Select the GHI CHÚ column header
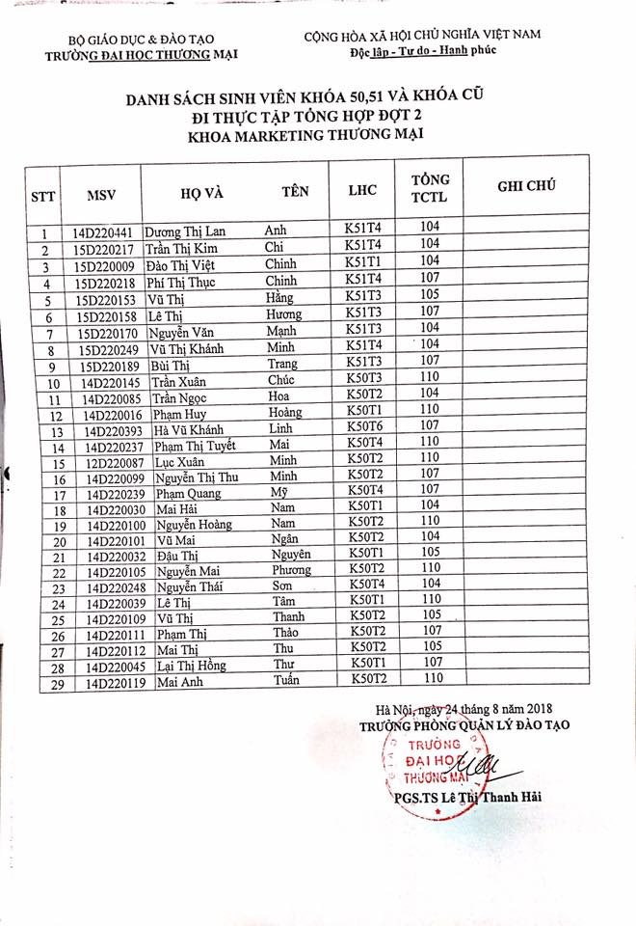coord(525,187)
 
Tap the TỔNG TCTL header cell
coord(430,189)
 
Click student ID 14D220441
coord(103,232)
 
